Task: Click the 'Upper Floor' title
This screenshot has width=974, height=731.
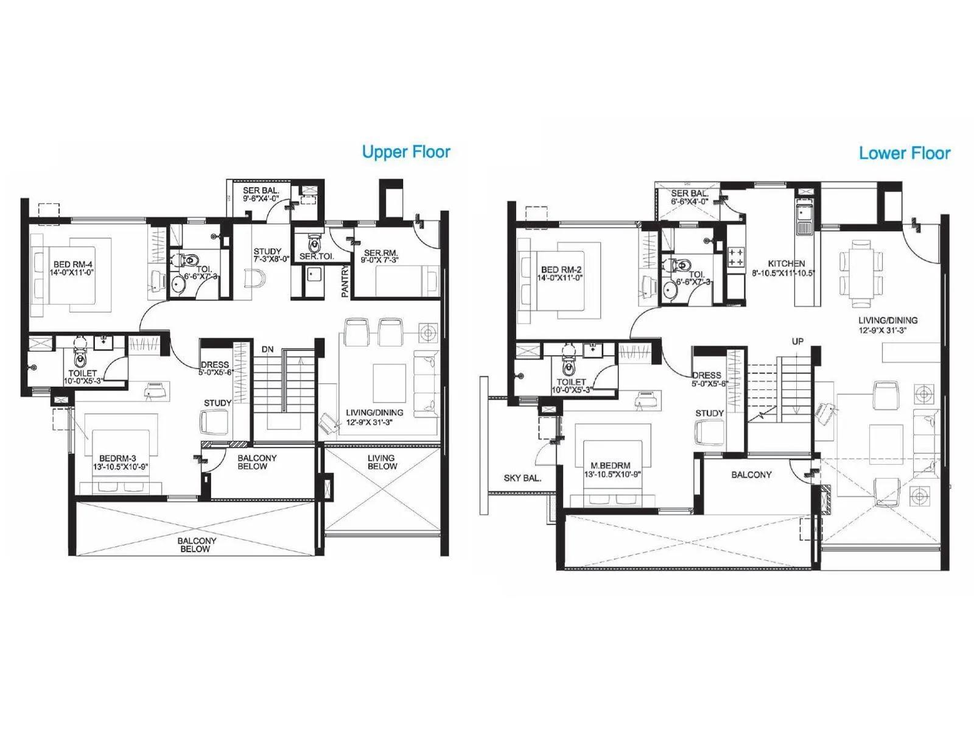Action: pyautogui.click(x=406, y=152)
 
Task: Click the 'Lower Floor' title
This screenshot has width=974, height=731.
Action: pyautogui.click(x=904, y=153)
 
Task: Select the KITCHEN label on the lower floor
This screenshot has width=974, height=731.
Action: pyautogui.click(x=787, y=263)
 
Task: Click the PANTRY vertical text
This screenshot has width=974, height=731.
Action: pyautogui.click(x=345, y=281)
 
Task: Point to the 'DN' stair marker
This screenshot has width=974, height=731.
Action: pyautogui.click(x=267, y=349)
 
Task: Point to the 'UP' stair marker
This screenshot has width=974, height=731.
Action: pyautogui.click(x=797, y=341)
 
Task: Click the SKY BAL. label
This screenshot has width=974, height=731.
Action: pyautogui.click(x=522, y=478)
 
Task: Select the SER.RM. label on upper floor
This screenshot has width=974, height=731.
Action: pyautogui.click(x=381, y=253)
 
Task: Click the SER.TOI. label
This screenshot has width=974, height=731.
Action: pyautogui.click(x=316, y=256)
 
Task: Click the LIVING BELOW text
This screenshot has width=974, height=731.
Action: pyautogui.click(x=382, y=462)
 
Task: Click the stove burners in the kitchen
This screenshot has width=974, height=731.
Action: pyautogui.click(x=735, y=256)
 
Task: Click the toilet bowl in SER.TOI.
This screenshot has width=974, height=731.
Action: pyautogui.click(x=314, y=244)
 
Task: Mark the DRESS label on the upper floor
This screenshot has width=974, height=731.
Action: pyautogui.click(x=215, y=364)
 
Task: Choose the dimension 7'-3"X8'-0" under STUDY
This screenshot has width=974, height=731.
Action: pyautogui.click(x=267, y=259)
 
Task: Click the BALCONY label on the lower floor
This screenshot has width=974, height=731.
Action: pyautogui.click(x=751, y=475)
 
